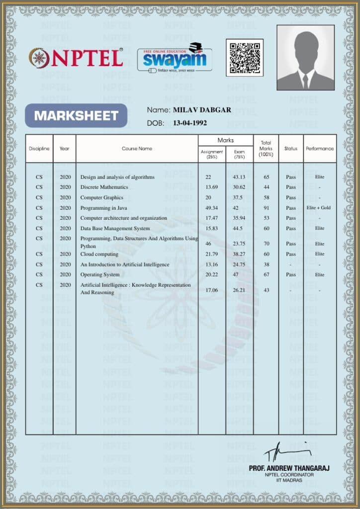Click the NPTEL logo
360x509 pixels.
tap(76, 58)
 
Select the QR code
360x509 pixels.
tap(245, 57)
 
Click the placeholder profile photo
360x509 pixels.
tap(305, 57)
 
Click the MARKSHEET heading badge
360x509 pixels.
tap(76, 116)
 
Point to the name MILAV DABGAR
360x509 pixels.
tap(202, 110)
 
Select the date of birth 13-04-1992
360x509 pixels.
tap(189, 123)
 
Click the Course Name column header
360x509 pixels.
tap(137, 149)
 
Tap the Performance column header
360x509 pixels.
tap(320, 149)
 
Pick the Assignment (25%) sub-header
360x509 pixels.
tap(212, 154)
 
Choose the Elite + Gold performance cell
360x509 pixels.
tap(319, 208)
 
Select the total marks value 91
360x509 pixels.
tap(267, 208)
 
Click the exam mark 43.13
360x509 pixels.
tap(239, 177)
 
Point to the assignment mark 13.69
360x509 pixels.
tap(212, 187)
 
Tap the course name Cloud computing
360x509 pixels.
tap(99, 254)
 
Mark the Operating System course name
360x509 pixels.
tap(100, 274)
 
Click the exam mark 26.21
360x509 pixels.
tap(239, 290)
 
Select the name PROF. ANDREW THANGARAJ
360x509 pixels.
tap(289, 468)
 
